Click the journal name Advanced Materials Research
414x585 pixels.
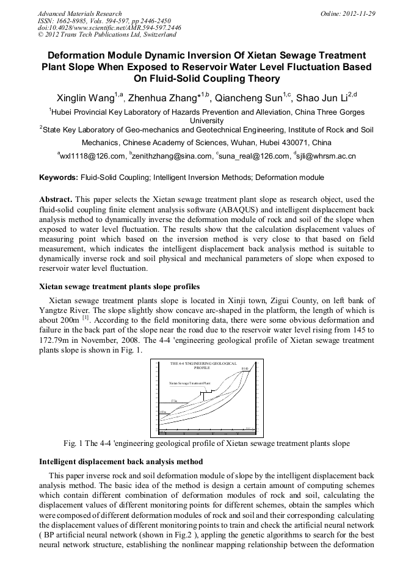(79, 13)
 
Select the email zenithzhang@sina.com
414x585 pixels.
(171, 157)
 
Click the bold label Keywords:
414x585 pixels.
(59, 178)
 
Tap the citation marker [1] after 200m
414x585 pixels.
(85, 318)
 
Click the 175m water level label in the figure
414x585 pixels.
(174, 400)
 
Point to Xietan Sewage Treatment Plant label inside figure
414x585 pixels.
(189, 383)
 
